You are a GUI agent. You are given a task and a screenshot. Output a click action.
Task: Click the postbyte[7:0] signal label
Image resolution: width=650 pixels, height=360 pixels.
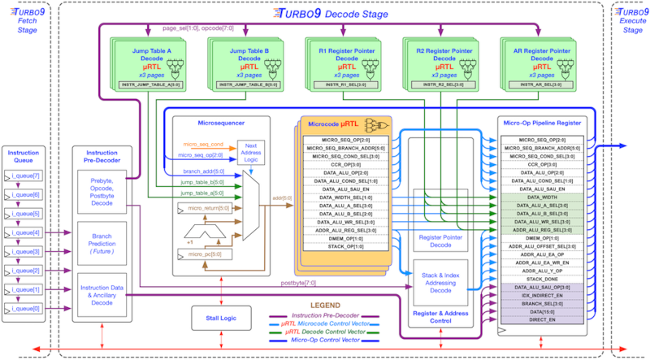[x=298, y=283]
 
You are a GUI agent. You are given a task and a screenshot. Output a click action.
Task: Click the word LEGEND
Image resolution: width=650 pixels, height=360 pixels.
[x=331, y=303]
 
